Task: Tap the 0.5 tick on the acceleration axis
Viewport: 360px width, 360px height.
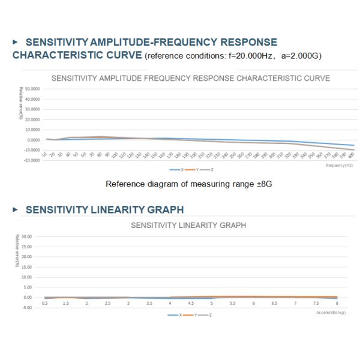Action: tap(44, 304)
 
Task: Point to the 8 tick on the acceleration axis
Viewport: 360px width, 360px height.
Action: tap(337, 304)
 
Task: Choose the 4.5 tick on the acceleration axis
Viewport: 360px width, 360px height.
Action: tap(191, 304)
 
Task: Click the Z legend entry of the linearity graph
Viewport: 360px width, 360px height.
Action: tap(207, 315)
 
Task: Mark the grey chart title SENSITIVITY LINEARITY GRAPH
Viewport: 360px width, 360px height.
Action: tap(188, 226)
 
